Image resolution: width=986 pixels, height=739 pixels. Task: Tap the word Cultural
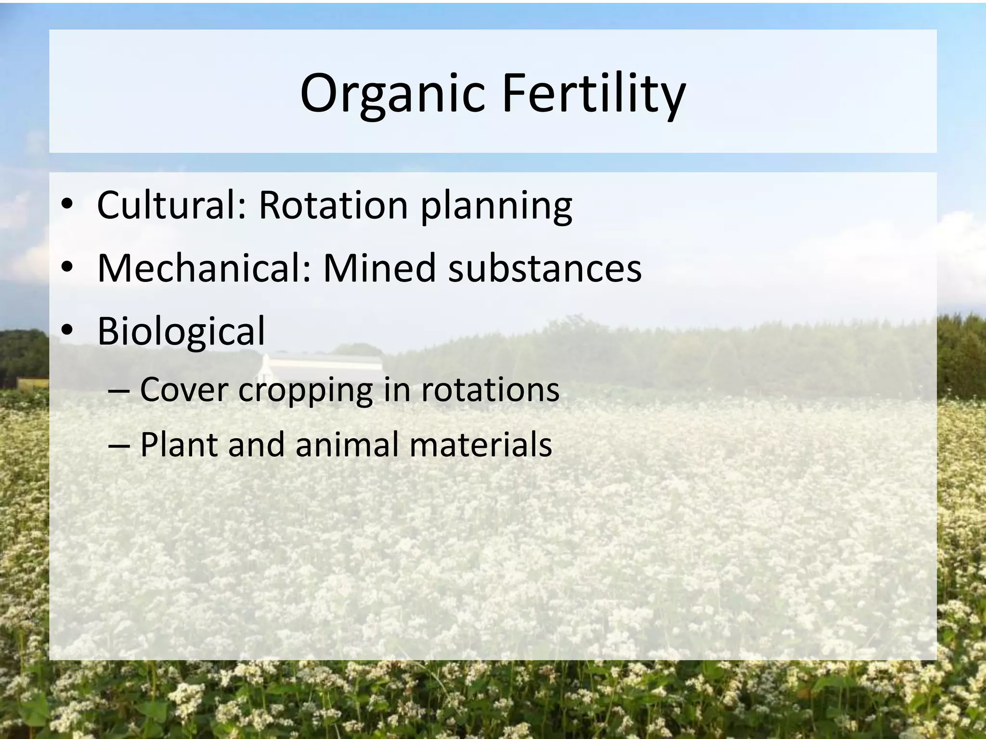tap(171, 205)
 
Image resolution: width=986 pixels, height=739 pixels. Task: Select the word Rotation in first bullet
tap(333, 205)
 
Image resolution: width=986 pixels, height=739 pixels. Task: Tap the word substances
tap(545, 268)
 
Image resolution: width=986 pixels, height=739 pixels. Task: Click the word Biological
tap(181, 332)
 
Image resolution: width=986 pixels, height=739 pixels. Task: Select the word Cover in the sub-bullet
tap(183, 390)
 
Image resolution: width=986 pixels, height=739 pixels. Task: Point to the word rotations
tap(490, 390)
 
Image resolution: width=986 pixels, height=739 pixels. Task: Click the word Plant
tap(178, 445)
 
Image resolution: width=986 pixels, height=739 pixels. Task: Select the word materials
tap(480, 445)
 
